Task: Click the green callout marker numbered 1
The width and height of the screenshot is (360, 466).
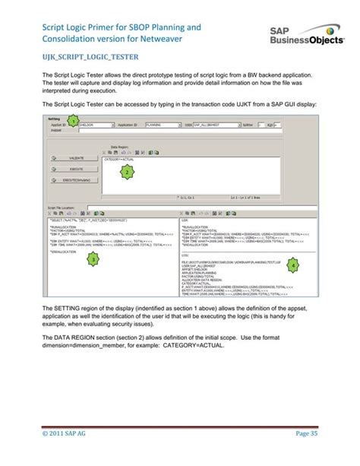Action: click(x=71, y=122)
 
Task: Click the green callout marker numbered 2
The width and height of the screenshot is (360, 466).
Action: click(x=127, y=172)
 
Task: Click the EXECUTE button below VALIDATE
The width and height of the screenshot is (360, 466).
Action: click(x=75, y=170)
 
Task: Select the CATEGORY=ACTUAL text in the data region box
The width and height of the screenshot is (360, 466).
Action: click(x=118, y=159)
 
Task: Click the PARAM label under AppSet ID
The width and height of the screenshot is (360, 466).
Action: click(x=55, y=130)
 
